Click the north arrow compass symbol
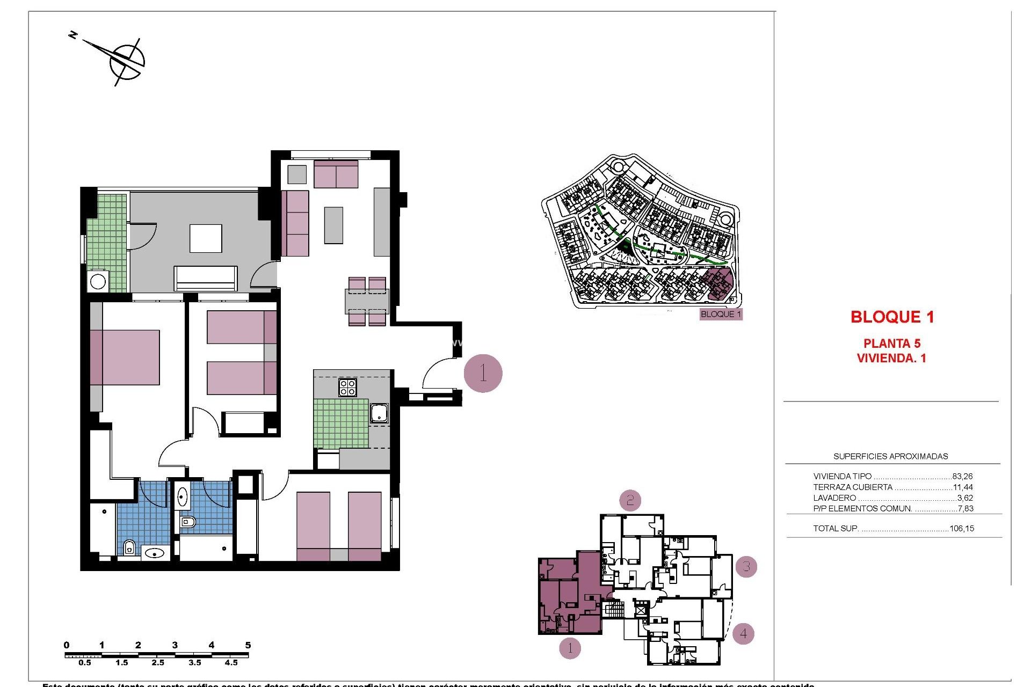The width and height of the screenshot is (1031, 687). (x=127, y=61)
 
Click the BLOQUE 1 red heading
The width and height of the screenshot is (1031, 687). (x=892, y=317)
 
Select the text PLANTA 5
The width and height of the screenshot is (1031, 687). (x=891, y=343)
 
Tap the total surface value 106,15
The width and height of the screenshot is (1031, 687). (x=961, y=529)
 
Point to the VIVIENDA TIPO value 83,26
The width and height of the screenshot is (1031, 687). (x=962, y=477)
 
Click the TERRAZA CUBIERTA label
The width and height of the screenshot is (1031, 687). (x=852, y=487)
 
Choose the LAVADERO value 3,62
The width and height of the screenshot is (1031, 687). (x=965, y=498)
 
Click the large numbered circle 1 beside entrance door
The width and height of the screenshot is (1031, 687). (x=483, y=373)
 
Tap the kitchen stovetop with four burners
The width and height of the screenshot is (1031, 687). (x=347, y=387)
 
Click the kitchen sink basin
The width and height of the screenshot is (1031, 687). (x=379, y=413)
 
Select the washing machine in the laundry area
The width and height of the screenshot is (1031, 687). (x=98, y=281)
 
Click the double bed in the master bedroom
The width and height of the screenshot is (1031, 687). (x=125, y=357)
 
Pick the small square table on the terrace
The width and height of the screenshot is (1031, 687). (x=206, y=238)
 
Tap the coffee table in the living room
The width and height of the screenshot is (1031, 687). (x=333, y=225)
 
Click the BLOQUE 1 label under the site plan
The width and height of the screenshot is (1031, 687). (x=721, y=315)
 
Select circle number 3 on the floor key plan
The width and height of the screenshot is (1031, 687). (x=746, y=567)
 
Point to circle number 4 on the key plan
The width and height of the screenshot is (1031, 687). (x=743, y=634)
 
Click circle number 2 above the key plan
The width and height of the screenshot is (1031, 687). (x=630, y=501)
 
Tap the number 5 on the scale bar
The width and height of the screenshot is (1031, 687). (x=248, y=645)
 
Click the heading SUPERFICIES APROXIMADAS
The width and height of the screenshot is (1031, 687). (x=890, y=457)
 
